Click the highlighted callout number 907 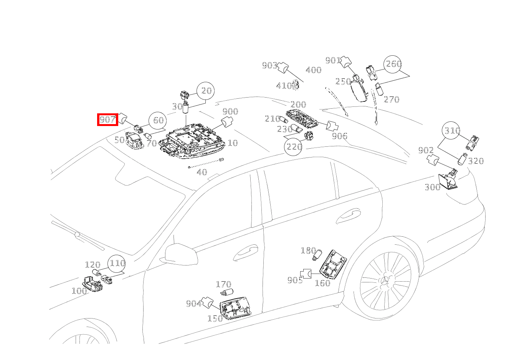coord(107,120)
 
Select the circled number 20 coord(206,91)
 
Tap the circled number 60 coord(158,120)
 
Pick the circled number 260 coord(393,64)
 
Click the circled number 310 coord(452,131)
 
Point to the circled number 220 coord(293,146)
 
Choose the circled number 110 coord(117,263)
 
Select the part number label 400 coord(313,70)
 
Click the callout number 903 coord(269,66)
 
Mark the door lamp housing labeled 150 coord(235,308)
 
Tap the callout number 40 coord(202,172)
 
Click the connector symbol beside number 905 coord(306,273)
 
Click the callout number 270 coord(392,100)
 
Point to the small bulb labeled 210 coord(284,119)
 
